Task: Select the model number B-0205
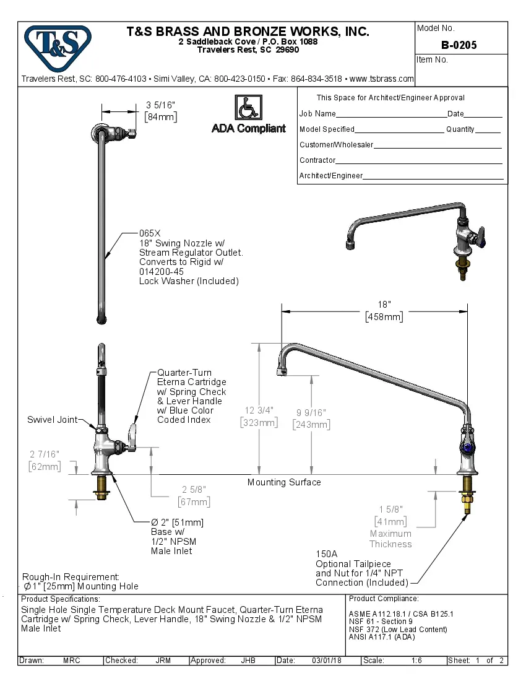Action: (x=459, y=45)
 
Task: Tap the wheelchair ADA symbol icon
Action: (x=248, y=108)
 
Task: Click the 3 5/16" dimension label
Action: (x=160, y=105)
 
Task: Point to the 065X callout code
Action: (x=149, y=233)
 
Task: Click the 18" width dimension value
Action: (x=384, y=305)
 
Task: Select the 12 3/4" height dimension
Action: (x=259, y=410)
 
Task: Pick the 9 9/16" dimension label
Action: (x=311, y=412)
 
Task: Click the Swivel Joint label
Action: (x=52, y=420)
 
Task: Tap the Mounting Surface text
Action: (x=284, y=482)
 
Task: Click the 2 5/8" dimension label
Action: (x=193, y=490)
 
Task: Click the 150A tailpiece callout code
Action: (x=326, y=554)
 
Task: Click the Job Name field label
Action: (x=317, y=114)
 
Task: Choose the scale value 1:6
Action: (x=416, y=661)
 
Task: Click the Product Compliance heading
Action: (x=384, y=599)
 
